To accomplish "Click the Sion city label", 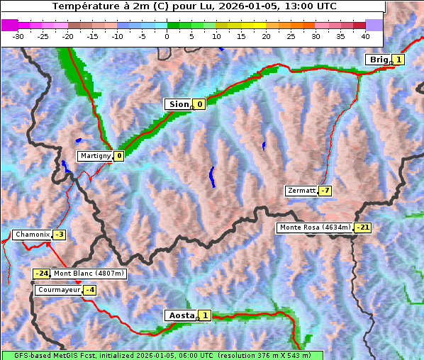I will tap(178, 104).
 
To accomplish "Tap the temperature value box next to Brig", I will tap(398, 60).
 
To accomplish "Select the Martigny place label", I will tap(95, 156).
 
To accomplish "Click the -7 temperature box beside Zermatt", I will tap(325, 191).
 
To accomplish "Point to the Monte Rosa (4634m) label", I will tap(315, 227).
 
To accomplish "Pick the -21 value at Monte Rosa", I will tap(362, 227).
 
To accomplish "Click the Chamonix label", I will tap(32, 235).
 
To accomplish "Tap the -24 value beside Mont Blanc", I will tap(42, 274).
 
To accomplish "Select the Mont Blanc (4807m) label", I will tap(89, 274).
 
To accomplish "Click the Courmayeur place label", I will tap(58, 290).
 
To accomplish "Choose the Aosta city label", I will tap(180, 315).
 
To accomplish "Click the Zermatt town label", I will tap(301, 191).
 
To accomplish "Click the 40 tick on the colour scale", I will tap(364, 35).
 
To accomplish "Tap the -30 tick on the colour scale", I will tap(18, 35).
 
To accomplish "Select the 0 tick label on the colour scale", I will tap(167, 35).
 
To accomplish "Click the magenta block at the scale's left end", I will tap(10, 25).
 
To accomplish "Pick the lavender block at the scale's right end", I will tap(374, 25).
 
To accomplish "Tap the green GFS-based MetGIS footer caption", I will tap(162, 355).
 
